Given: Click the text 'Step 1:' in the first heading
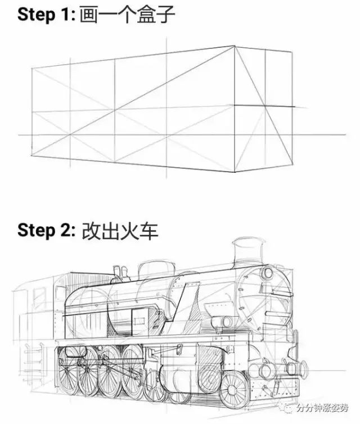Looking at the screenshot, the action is tap(46, 15).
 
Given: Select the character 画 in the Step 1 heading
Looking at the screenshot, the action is tap(88, 15).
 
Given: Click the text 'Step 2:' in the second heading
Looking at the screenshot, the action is tap(46, 231).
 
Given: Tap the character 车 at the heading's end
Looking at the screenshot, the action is tap(148, 231).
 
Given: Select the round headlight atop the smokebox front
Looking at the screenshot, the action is tap(268, 273).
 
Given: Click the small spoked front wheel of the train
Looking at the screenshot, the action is tap(233, 390).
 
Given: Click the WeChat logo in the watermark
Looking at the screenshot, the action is tap(287, 408).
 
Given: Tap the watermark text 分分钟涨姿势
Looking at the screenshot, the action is tap(322, 408).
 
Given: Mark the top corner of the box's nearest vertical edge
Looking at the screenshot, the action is tap(235, 46).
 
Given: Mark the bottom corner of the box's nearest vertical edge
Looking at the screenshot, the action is tap(235, 172).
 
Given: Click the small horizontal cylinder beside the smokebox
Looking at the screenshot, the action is tap(222, 322).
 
